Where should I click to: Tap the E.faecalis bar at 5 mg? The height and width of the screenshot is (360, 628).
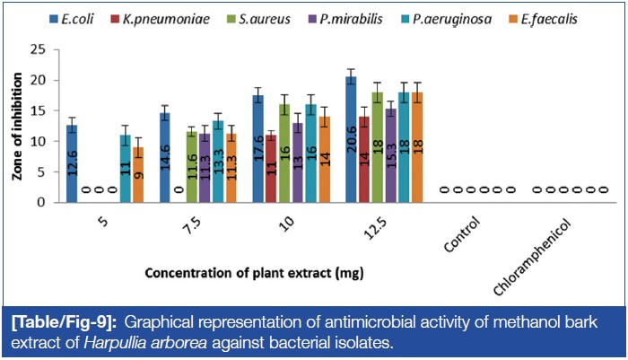point(138,175)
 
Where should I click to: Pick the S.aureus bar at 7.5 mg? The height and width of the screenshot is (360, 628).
point(191,167)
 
